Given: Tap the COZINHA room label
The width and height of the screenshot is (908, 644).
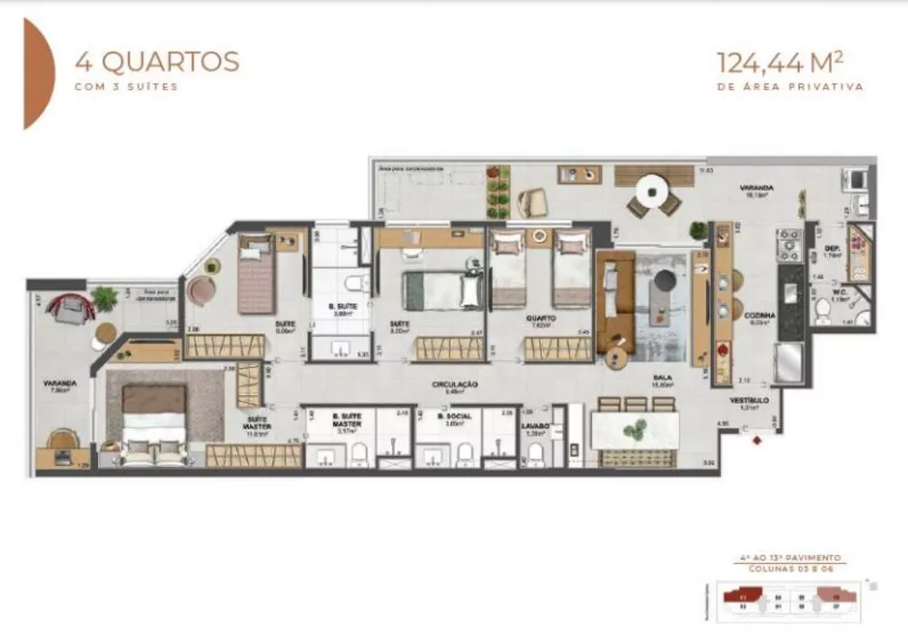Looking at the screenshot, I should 759,315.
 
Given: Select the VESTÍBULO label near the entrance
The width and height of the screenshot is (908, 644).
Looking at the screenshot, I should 750,399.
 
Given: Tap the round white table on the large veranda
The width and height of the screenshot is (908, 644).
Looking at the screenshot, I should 654,193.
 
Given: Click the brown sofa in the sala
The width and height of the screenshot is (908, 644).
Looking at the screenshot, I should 616,300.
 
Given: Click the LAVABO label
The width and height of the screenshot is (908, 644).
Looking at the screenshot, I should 535,423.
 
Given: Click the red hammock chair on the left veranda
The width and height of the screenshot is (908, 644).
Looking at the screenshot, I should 71,307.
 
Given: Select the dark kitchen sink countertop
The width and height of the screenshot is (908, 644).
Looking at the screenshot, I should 791,300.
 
